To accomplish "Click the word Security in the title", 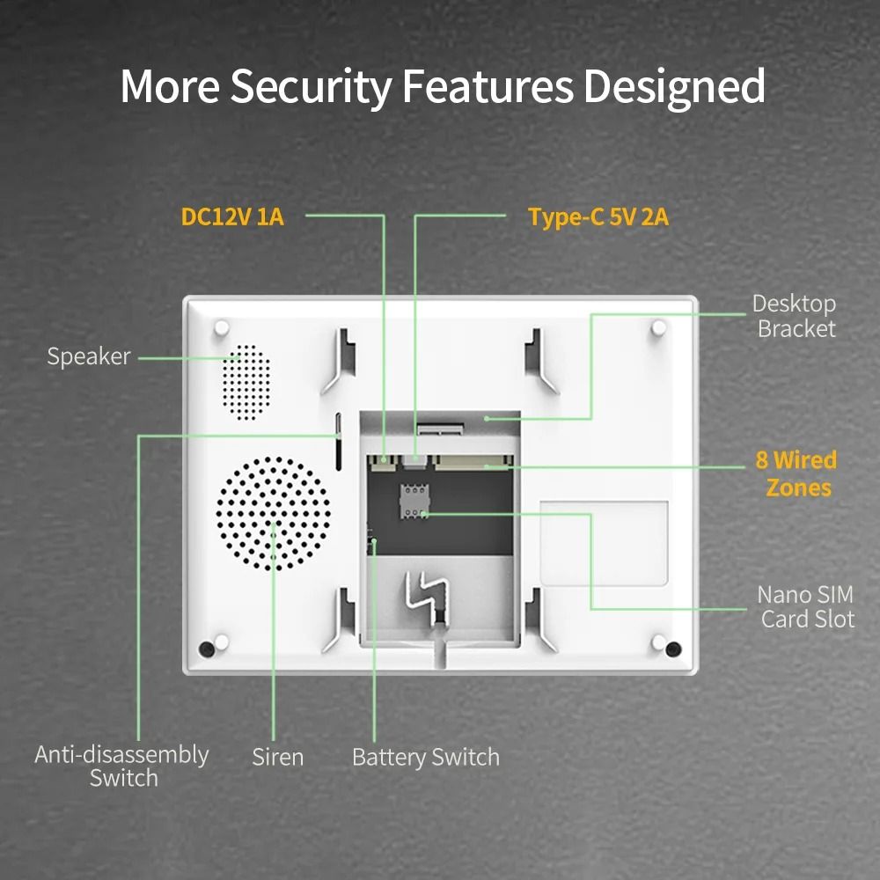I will point(311,86).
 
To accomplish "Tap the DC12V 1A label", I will point(232,216).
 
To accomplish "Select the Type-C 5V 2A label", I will point(598,217).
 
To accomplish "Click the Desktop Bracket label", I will point(795,317).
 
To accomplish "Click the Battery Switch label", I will point(425,757).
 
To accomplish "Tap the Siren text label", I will point(277,757).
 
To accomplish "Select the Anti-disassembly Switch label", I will point(122,766).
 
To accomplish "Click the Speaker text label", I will point(88,356).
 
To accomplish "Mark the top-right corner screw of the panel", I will point(658,327).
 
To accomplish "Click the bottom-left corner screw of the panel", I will point(207,649).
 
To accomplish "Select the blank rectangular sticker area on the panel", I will point(604,542).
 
